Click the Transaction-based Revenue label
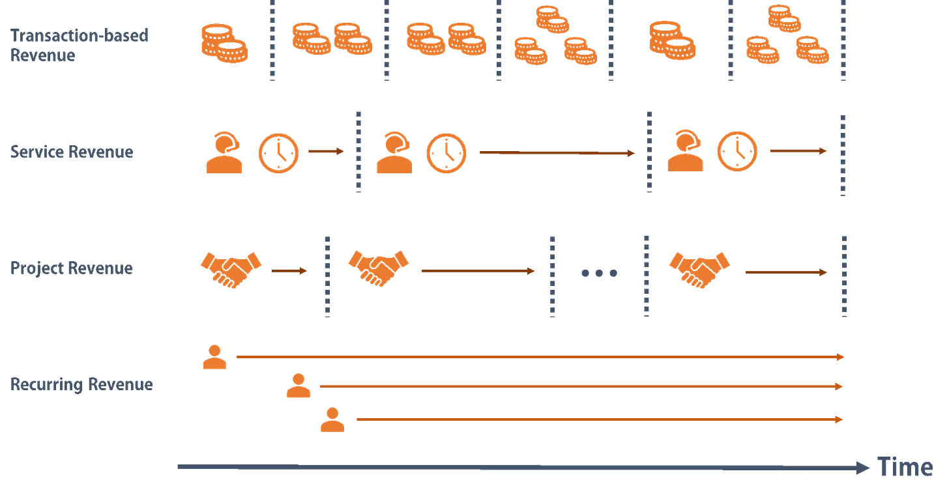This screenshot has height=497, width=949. point(79,44)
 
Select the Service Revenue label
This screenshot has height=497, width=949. point(72,152)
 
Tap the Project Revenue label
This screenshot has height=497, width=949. point(72,268)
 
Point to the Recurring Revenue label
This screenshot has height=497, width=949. point(81,384)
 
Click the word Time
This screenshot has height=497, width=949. point(905,468)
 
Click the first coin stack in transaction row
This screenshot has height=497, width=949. point(224,43)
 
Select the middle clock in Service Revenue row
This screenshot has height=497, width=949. point(446,153)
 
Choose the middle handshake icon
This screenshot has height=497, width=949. point(379,268)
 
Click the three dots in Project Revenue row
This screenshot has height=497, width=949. point(599,273)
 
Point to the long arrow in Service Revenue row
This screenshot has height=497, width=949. point(557,153)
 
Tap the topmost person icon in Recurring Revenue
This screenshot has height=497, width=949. point(214,358)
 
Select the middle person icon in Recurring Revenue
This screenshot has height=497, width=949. point(299,386)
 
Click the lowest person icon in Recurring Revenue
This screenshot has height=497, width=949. point(332,420)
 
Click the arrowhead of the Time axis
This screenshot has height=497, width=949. point(863,468)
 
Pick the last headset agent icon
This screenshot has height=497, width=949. point(685,152)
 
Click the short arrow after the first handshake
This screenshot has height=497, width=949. point(289,271)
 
